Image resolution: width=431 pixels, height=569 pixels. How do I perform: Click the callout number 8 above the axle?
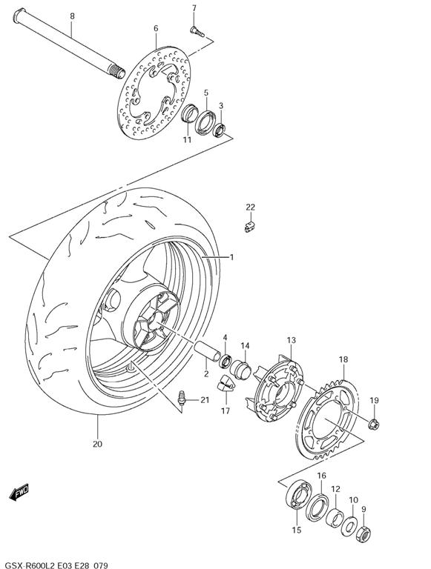[x=72, y=16]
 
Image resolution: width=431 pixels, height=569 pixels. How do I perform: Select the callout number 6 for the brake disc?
[x=156, y=29]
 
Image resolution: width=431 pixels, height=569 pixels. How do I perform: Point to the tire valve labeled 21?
[x=181, y=401]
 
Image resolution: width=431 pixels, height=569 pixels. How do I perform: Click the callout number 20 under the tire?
[x=98, y=445]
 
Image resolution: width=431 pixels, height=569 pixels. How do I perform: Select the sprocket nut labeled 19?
[x=373, y=424]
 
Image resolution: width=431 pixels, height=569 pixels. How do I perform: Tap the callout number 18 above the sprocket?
[x=343, y=360]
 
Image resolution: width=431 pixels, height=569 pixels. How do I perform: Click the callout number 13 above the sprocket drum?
[x=292, y=340]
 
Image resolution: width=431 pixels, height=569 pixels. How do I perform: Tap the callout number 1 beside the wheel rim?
[x=231, y=257]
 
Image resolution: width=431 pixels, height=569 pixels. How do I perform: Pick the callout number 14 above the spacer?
[x=245, y=346]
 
